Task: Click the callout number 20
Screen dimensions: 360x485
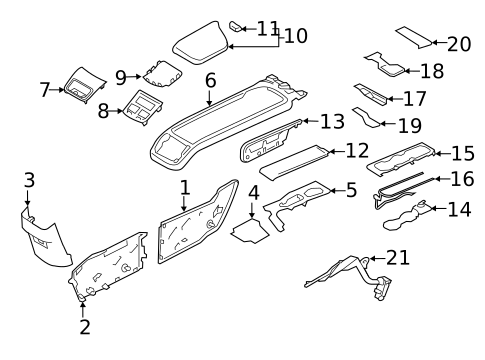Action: [x=459, y=44]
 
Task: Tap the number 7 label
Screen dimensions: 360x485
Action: [x=45, y=90]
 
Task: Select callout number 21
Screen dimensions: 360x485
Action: [x=398, y=258]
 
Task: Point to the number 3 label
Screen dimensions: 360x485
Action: [x=29, y=180]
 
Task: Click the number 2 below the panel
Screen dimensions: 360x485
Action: [x=84, y=326]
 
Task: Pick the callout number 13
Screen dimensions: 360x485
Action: [x=332, y=121]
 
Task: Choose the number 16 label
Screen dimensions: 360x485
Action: [x=462, y=179]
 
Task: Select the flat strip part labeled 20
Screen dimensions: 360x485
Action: [x=413, y=37]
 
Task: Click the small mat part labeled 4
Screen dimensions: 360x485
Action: [x=248, y=232]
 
